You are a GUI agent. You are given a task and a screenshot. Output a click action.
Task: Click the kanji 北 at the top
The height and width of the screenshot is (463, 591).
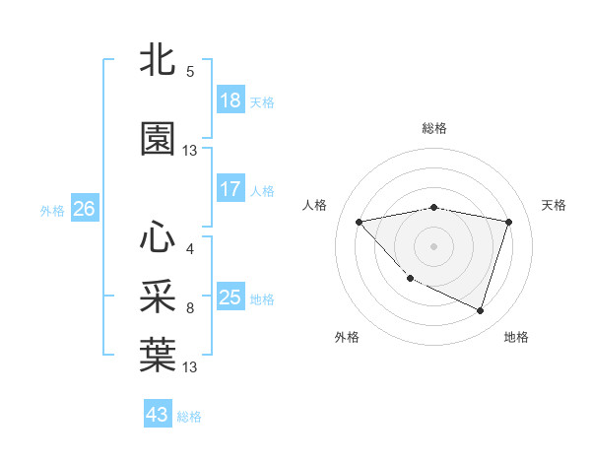point(158,61)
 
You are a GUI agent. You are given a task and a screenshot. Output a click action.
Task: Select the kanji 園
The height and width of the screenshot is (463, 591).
point(158,139)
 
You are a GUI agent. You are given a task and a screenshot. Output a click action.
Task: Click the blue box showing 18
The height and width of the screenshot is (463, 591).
point(230,100)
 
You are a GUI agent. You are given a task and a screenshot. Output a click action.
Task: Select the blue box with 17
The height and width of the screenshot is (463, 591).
point(230,189)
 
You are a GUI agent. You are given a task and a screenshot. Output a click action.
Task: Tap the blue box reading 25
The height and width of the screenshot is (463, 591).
point(230,298)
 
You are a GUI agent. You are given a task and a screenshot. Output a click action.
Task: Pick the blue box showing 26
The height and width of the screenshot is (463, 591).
point(85,209)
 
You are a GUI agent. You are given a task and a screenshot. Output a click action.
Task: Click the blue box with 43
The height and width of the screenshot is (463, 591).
point(158,415)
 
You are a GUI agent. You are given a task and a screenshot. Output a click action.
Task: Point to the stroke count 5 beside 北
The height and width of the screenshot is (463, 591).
point(190,72)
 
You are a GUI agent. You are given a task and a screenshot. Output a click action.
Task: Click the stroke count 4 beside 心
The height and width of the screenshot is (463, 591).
point(190,248)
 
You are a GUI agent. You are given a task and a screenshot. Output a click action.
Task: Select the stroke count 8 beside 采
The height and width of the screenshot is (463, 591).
point(190,308)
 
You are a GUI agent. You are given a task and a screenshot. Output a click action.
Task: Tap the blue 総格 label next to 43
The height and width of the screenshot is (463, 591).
point(189,417)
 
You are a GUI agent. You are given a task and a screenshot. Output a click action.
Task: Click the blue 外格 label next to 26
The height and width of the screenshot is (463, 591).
point(52,211)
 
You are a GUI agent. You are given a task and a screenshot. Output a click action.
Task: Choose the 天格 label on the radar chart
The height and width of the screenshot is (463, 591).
point(554,205)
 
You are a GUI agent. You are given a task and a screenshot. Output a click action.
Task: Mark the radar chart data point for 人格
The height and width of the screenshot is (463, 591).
point(359,222)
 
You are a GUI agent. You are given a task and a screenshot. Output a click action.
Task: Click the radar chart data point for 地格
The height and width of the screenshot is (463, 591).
point(480,311)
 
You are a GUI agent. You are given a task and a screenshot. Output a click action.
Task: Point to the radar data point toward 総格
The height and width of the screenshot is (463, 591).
point(433,207)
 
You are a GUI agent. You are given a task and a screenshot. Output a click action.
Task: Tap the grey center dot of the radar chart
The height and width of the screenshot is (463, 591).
point(433,245)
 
